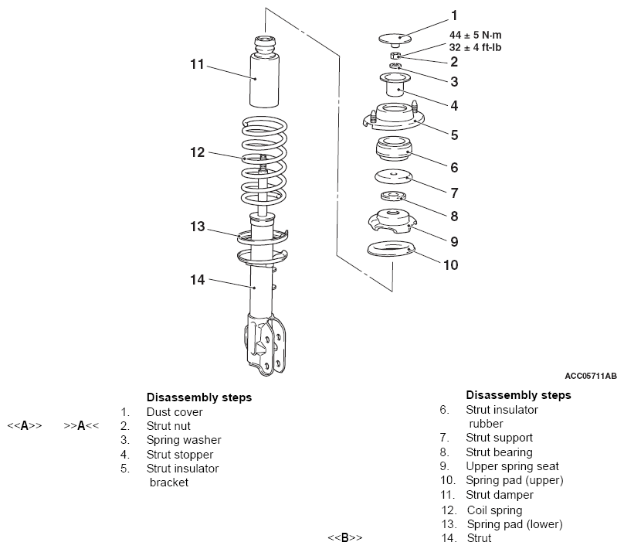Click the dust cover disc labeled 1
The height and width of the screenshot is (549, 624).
[395, 39]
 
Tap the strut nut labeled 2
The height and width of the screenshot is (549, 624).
[395, 55]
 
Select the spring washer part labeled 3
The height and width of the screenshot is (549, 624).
[395, 66]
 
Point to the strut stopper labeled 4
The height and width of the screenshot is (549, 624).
[395, 84]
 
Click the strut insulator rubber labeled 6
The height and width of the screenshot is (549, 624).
[394, 149]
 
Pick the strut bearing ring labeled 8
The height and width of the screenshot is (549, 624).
[393, 196]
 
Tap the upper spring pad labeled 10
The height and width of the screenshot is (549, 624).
[392, 248]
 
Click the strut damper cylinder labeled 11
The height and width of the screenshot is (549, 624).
[264, 72]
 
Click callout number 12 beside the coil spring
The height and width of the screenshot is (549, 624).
[198, 152]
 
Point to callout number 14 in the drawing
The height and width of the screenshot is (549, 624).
[198, 280]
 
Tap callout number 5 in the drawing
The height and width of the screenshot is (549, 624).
[454, 135]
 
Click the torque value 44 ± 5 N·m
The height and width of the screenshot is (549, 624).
[476, 35]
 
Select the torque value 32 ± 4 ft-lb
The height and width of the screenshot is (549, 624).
[476, 47]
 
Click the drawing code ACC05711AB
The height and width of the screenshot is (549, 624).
[591, 376]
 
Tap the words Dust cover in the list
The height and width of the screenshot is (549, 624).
[175, 412]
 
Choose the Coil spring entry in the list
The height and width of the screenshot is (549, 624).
[495, 510]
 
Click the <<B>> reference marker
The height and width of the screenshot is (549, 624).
[345, 538]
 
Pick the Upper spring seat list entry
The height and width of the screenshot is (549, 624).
[513, 466]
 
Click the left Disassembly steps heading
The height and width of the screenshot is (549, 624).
[199, 397]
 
